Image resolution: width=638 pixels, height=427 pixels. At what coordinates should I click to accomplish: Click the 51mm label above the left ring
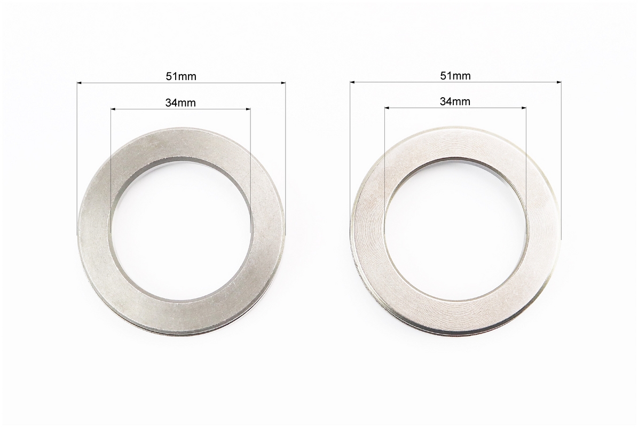point(180,76)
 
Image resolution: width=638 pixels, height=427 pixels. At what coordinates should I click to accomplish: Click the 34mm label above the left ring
point(180,103)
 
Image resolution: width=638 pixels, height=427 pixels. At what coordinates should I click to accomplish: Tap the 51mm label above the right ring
point(455,76)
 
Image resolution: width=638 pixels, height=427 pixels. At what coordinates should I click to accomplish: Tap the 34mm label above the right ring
point(455,101)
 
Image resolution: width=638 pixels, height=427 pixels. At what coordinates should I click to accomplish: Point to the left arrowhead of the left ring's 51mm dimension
point(80,83)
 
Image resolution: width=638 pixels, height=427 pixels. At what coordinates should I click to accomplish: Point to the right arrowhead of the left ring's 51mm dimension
point(283,83)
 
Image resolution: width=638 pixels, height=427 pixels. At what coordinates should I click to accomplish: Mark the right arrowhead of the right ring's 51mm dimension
point(558,83)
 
